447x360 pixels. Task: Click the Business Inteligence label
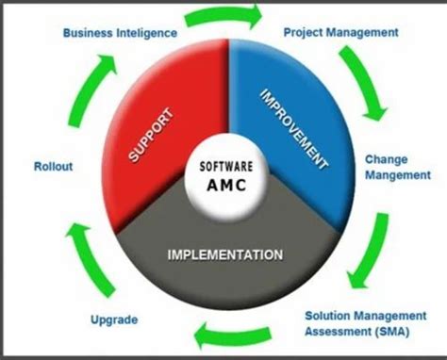tap(120, 33)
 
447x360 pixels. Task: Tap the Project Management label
tap(340, 32)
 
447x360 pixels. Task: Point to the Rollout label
tap(53, 166)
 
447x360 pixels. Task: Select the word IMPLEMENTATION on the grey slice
tap(225, 254)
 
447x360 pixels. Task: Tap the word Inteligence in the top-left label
tap(146, 33)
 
